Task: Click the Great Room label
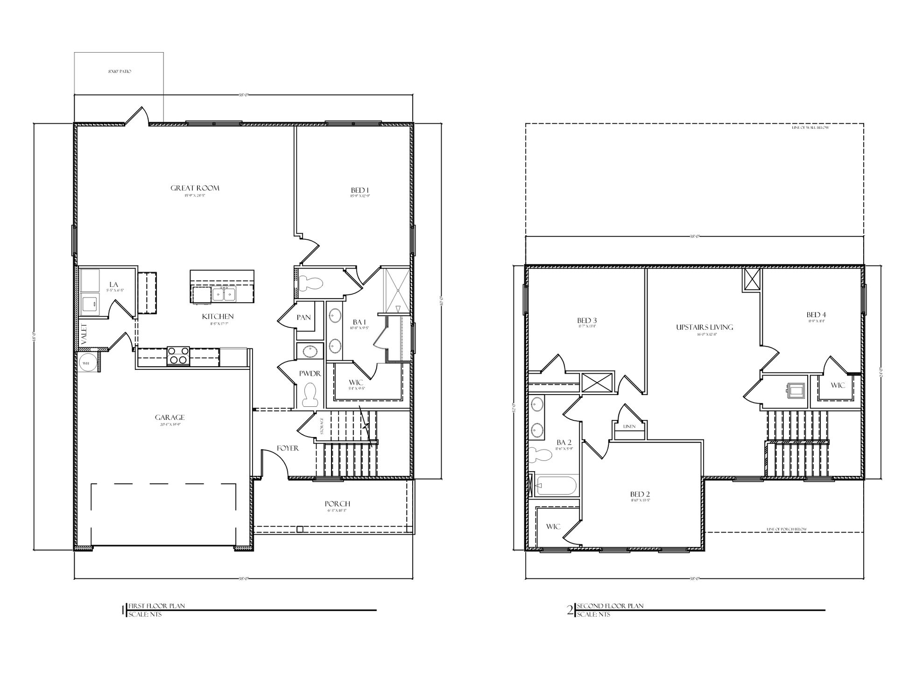click(x=195, y=188)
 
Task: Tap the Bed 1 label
click(x=360, y=190)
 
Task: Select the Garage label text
click(x=170, y=418)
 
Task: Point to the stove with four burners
click(x=178, y=355)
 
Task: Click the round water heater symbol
click(x=87, y=362)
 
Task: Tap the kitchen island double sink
click(x=224, y=294)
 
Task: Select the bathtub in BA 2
click(x=557, y=486)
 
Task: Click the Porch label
click(x=337, y=504)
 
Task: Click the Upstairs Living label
click(x=705, y=327)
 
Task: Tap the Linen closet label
click(x=629, y=426)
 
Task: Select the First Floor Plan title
click(x=156, y=606)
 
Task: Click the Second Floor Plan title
click(x=610, y=606)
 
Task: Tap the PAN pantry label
click(x=303, y=317)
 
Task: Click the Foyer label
click(x=288, y=448)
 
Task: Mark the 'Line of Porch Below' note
click(x=787, y=529)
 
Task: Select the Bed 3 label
click(x=587, y=320)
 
